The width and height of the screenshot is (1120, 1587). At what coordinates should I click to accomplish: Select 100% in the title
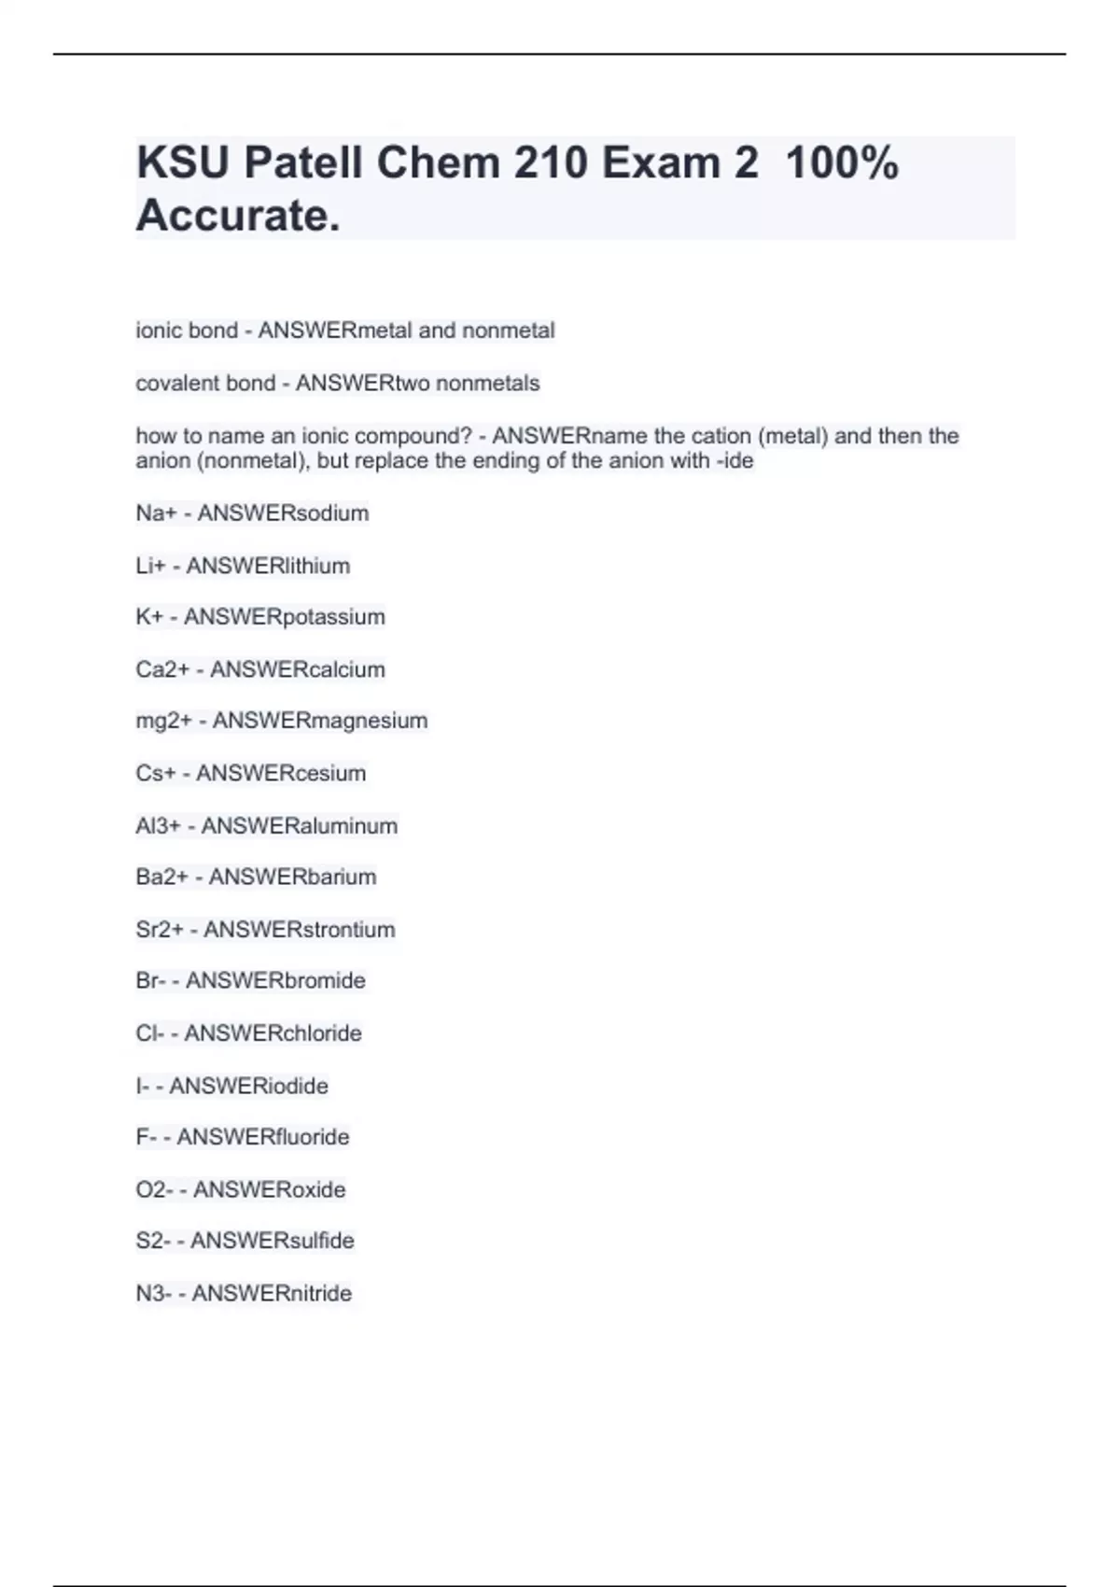(x=842, y=163)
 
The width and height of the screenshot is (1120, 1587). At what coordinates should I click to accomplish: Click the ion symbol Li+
(x=150, y=566)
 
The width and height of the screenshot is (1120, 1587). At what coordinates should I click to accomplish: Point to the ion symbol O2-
(x=154, y=1190)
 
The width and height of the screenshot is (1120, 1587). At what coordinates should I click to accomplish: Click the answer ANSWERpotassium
(x=285, y=617)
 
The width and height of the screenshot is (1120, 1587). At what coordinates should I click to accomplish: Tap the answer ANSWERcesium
(x=281, y=774)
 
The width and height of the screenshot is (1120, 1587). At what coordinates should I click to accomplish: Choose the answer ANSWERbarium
(x=292, y=878)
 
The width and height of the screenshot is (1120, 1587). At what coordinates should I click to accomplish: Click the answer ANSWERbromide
(x=275, y=981)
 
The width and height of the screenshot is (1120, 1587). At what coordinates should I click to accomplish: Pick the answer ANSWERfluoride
(x=263, y=1137)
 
